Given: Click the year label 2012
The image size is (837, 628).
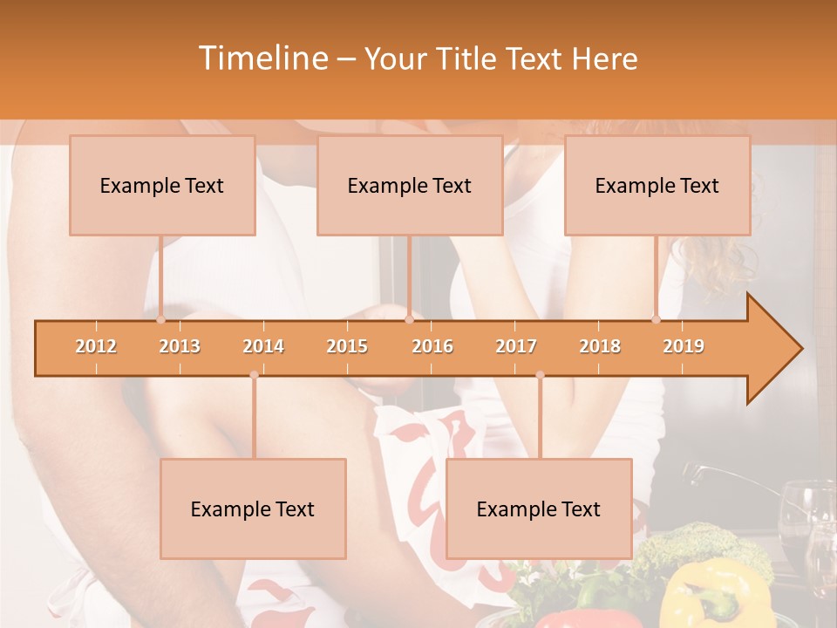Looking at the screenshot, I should (x=96, y=346).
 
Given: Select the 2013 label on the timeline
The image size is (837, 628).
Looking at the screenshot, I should (x=180, y=346).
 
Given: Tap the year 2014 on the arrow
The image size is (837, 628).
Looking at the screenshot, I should (x=263, y=346).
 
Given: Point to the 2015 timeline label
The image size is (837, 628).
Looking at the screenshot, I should (x=347, y=346).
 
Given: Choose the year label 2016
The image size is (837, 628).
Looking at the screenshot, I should (x=432, y=346).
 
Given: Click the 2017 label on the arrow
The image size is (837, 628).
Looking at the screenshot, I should (x=516, y=346).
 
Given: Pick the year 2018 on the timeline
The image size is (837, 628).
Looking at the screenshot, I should (x=600, y=346).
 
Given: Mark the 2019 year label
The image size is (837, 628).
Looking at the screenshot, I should (x=684, y=346).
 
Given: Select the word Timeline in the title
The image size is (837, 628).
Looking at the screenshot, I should (x=262, y=58).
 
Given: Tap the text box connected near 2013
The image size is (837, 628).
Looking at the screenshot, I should (x=162, y=185).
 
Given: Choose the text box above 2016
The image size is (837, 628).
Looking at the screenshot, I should (x=410, y=185).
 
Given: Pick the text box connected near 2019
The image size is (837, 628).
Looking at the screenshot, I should (x=657, y=185).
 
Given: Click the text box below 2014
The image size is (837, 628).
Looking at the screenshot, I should (x=253, y=509).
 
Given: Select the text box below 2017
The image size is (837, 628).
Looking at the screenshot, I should (x=539, y=509).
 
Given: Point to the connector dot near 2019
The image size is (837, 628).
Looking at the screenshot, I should (x=657, y=319).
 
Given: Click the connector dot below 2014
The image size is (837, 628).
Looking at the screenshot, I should (x=254, y=375).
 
